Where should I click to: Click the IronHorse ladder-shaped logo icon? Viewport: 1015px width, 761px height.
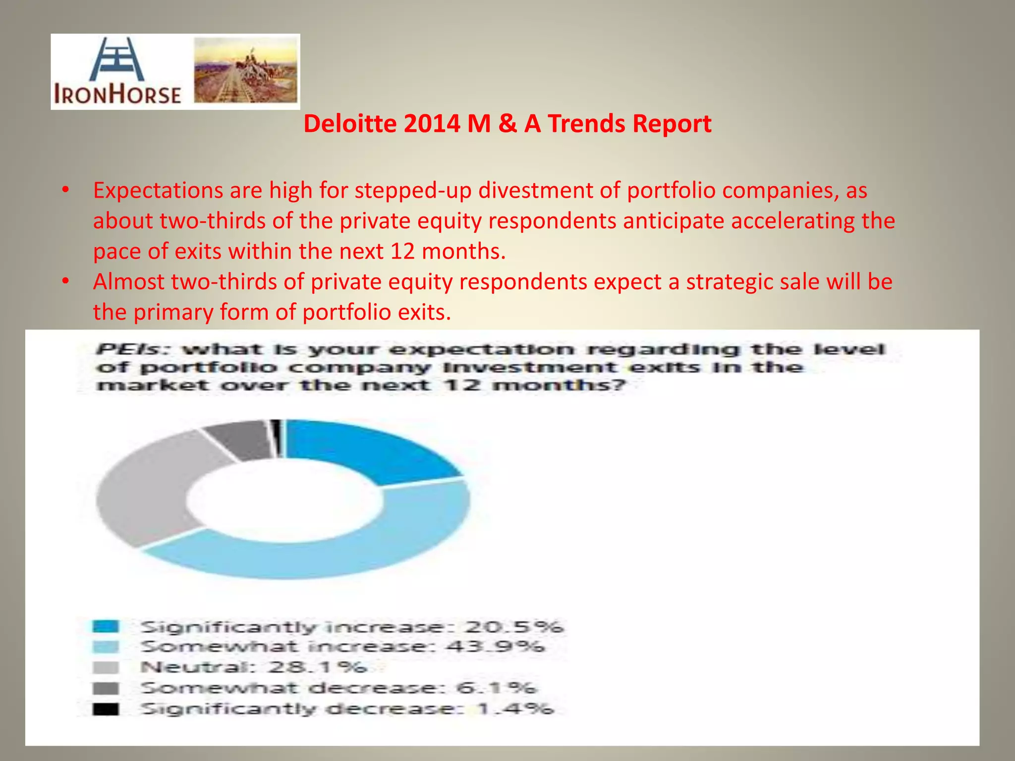(x=117, y=60)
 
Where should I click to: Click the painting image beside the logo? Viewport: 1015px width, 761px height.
(x=246, y=70)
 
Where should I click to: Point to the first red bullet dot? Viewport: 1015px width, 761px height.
(x=65, y=190)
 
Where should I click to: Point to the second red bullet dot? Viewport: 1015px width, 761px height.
(x=65, y=281)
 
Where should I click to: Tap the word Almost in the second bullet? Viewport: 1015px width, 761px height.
(x=129, y=282)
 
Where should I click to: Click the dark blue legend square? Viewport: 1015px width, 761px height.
(x=106, y=626)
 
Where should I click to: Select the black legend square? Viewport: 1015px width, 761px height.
(x=106, y=709)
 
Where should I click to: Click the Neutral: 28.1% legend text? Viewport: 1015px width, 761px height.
(x=253, y=667)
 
